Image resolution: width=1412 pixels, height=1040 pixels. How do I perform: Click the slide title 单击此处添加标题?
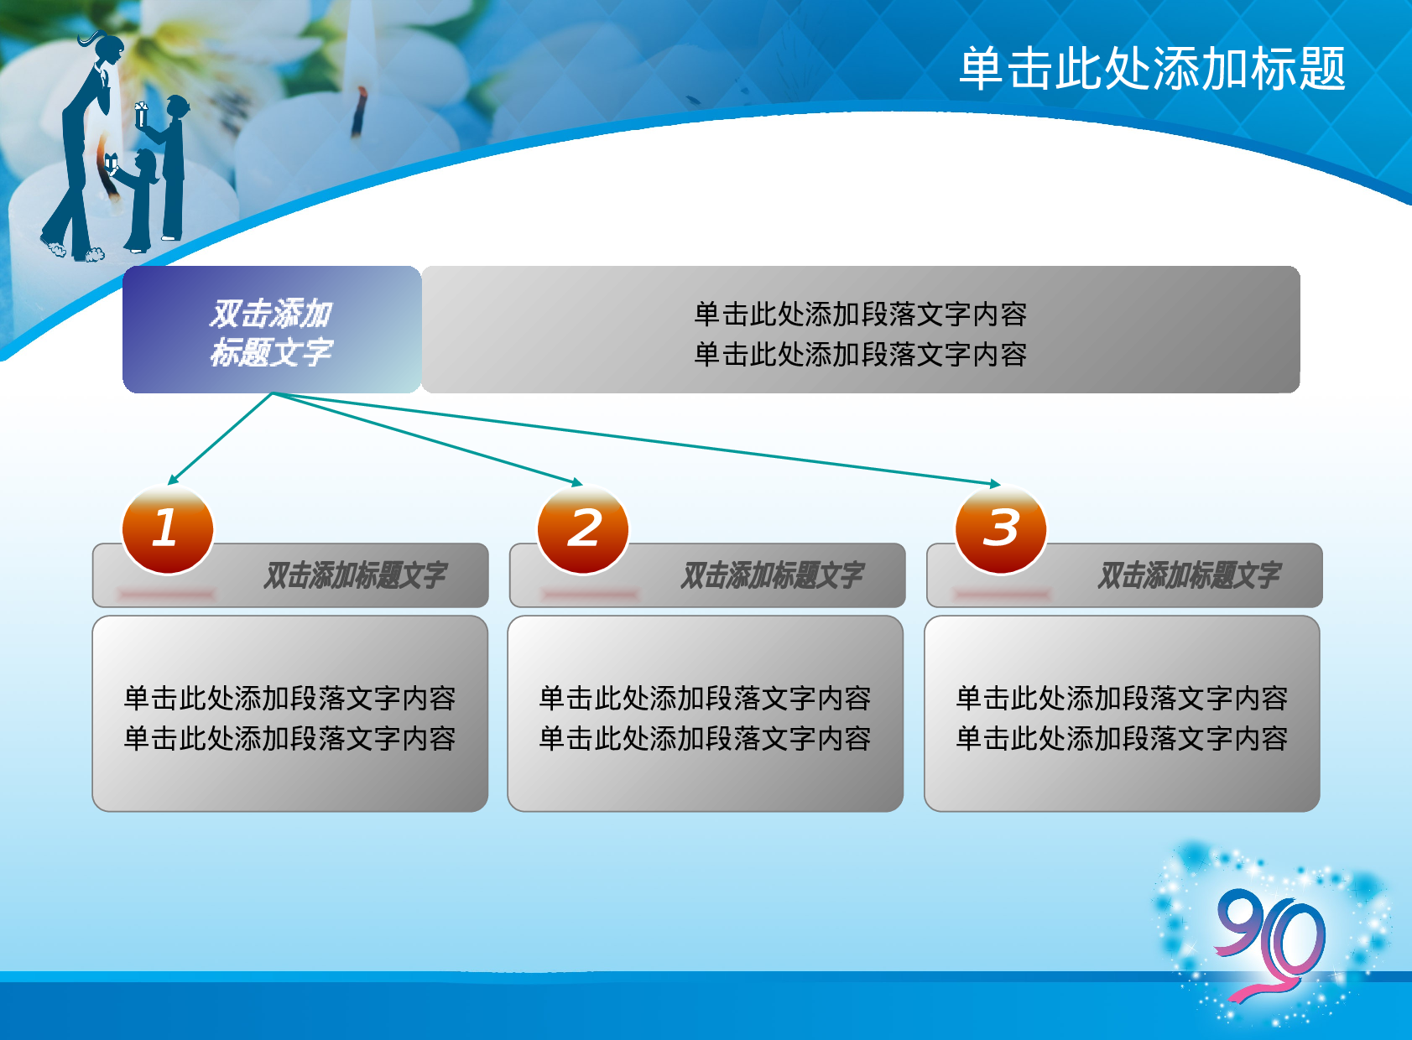click(x=1152, y=69)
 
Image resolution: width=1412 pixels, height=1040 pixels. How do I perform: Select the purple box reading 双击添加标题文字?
click(x=271, y=330)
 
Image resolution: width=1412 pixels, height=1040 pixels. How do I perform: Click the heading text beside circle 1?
click(x=355, y=575)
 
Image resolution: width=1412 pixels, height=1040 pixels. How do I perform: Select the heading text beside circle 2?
click(x=772, y=575)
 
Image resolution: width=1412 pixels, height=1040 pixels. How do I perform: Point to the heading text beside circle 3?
click(x=1189, y=575)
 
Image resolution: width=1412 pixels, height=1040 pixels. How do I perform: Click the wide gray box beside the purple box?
click(x=860, y=330)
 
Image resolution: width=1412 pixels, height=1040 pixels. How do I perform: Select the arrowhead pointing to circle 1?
click(x=173, y=480)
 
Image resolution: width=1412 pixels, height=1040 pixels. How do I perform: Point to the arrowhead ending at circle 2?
click(x=576, y=483)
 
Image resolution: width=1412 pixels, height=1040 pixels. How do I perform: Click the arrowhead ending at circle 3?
click(x=995, y=484)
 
